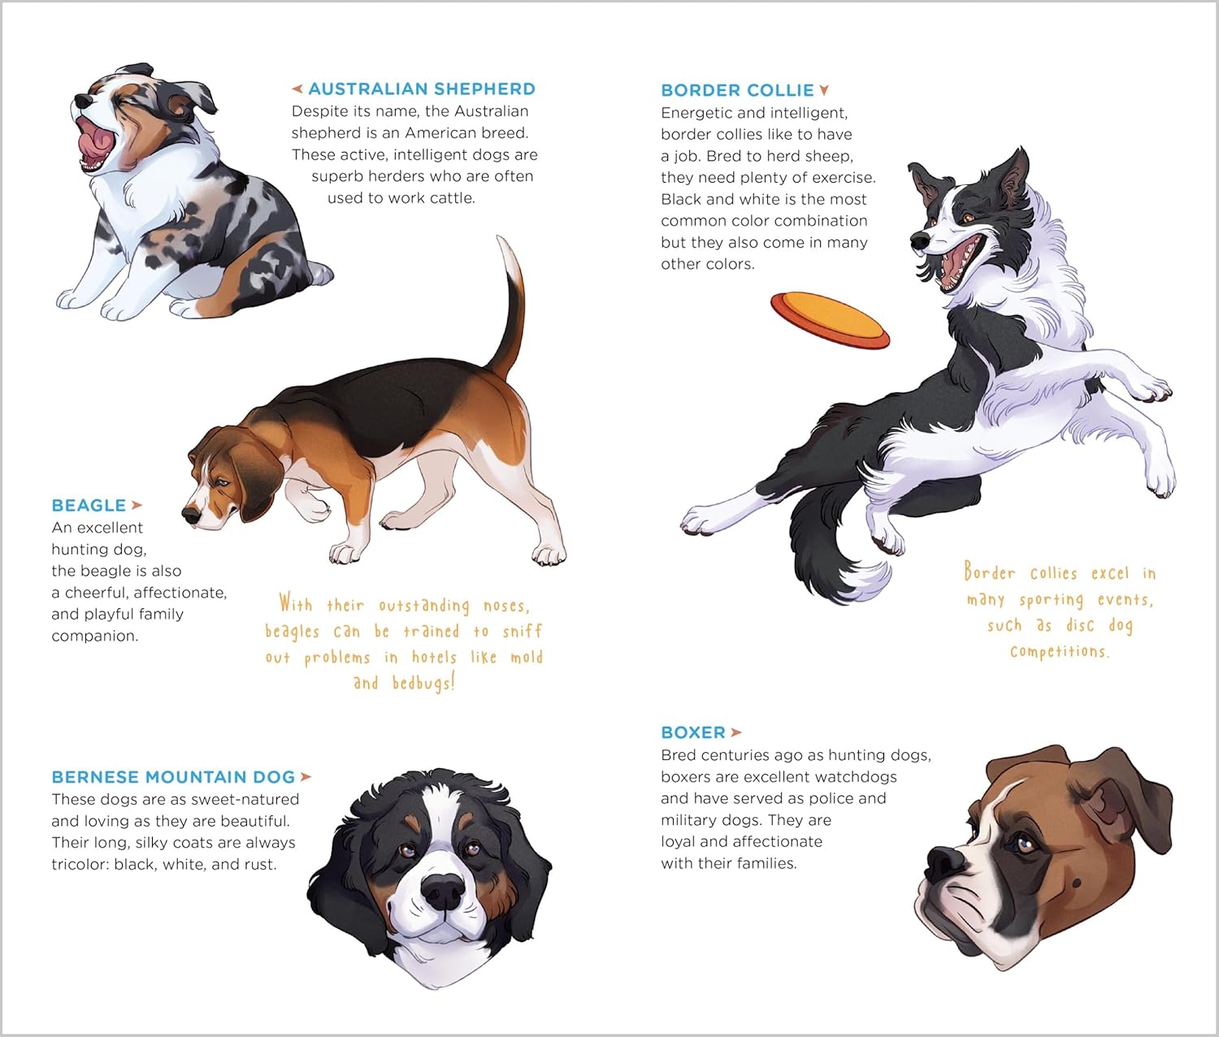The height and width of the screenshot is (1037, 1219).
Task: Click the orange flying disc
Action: click(x=830, y=320)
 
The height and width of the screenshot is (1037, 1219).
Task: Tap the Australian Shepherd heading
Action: click(x=422, y=89)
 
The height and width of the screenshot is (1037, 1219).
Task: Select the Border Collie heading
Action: click(x=737, y=90)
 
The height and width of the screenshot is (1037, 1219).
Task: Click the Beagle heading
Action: click(x=89, y=506)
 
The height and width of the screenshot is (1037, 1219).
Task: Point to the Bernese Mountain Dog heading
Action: click(x=173, y=776)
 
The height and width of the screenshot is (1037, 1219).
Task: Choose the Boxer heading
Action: click(x=693, y=732)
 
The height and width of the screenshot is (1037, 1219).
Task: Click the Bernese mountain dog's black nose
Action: click(x=444, y=890)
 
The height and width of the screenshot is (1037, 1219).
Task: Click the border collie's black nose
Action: click(x=920, y=240)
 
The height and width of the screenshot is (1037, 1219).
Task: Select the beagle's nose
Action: click(x=191, y=515)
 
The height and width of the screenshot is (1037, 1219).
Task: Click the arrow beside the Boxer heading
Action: click(x=735, y=732)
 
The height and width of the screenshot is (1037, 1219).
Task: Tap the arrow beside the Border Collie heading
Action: click(x=825, y=90)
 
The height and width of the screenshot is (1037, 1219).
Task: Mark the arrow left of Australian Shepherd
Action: click(x=297, y=89)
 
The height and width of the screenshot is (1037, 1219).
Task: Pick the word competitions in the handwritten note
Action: click(x=1060, y=651)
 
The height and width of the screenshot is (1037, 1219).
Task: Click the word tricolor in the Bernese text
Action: click(x=80, y=864)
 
